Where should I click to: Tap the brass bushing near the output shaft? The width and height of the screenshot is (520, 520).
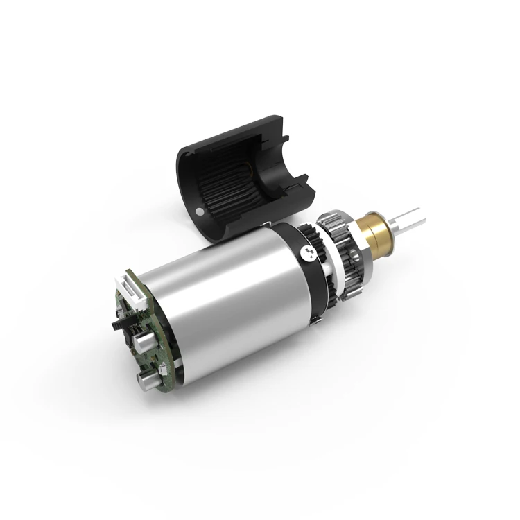click(380, 232)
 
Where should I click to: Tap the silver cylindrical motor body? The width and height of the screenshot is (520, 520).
click(229, 298)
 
